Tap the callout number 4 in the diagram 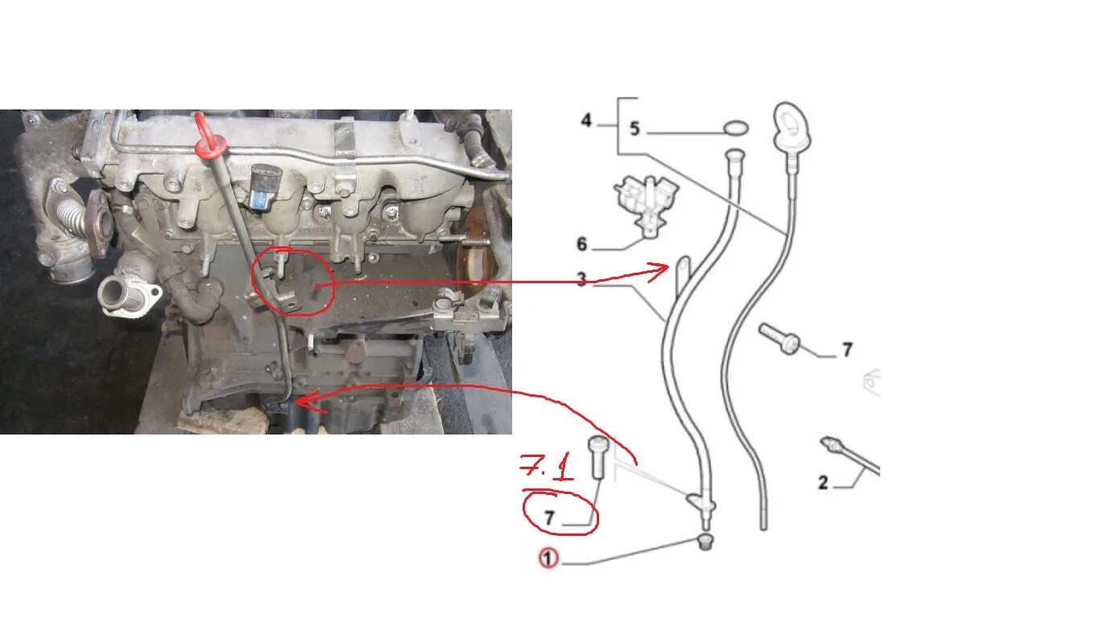click(586, 120)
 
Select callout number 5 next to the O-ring click(635, 129)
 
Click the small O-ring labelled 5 click(736, 129)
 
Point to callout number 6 click(582, 244)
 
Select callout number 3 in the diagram click(582, 279)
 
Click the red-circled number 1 click(548, 558)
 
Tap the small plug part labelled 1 click(705, 542)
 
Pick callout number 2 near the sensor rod click(823, 483)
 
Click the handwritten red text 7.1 click(547, 468)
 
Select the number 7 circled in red click(549, 517)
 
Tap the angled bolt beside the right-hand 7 click(780, 338)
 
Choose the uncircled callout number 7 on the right click(847, 350)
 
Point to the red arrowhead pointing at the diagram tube click(660, 272)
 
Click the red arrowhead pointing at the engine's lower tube click(307, 402)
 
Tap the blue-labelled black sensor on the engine click(263, 187)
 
